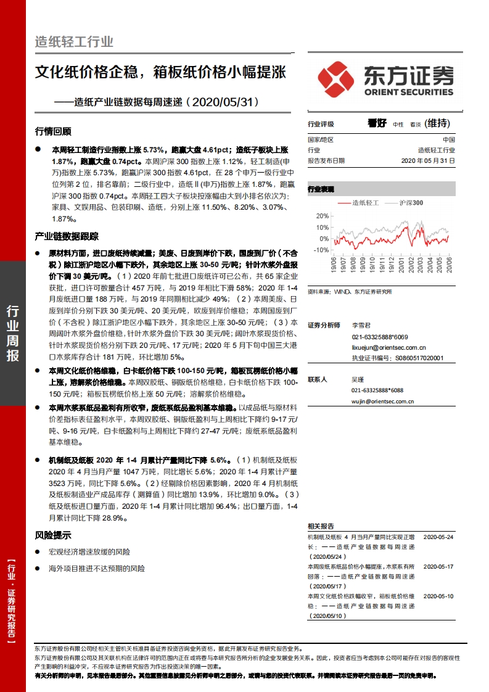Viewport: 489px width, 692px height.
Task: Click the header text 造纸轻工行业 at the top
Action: point(74,42)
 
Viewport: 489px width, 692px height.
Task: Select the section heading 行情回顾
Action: point(53,131)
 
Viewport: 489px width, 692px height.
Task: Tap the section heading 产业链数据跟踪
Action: point(67,236)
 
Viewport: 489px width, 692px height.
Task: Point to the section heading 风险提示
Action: point(53,535)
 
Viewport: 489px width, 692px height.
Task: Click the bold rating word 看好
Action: point(376,123)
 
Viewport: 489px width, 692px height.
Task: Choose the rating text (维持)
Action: point(442,123)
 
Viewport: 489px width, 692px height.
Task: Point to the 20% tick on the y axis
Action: point(321,216)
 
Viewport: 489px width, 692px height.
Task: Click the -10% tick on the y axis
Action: point(320,250)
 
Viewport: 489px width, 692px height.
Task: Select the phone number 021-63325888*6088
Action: point(377,390)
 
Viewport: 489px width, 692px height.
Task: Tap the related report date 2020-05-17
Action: point(438,566)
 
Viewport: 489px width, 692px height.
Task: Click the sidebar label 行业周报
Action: point(12,333)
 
